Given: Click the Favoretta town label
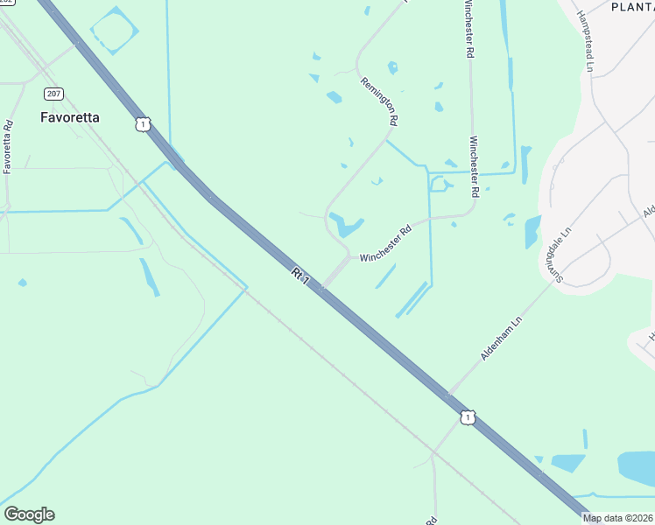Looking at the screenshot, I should [x=70, y=116].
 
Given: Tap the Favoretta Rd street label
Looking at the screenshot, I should [x=8, y=146].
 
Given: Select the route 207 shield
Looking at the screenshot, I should [x=53, y=94].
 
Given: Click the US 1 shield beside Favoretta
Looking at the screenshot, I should [x=142, y=124].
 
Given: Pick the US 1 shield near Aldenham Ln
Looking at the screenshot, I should [x=468, y=418].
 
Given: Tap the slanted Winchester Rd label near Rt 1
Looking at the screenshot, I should [x=385, y=245].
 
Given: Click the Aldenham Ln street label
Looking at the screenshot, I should [x=501, y=339].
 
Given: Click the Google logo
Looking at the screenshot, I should [x=29, y=514].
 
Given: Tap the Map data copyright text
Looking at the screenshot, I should [x=618, y=518].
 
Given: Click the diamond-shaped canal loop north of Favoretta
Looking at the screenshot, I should [x=115, y=31].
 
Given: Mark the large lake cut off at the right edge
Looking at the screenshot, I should [x=636, y=467].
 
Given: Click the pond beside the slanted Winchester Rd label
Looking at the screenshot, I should [x=347, y=225].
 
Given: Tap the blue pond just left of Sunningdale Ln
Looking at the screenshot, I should [x=532, y=231].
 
